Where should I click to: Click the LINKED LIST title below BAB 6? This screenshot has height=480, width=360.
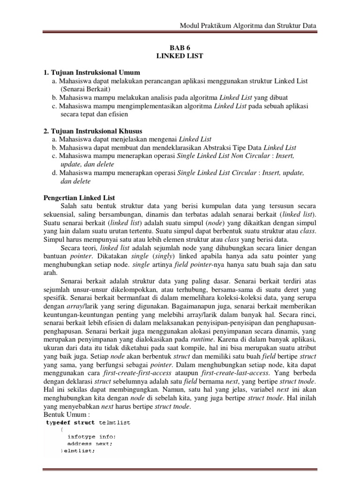point(180,56)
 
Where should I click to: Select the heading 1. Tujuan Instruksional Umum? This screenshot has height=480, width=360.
point(89,72)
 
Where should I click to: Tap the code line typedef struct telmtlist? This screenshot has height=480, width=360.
point(88,423)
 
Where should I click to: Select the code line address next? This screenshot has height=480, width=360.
point(90,443)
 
